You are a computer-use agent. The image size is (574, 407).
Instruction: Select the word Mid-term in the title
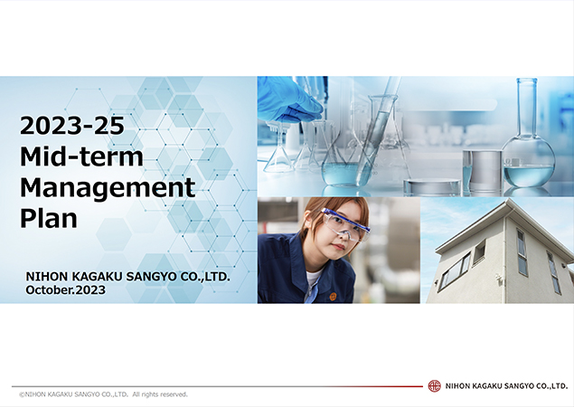[x=82, y=157]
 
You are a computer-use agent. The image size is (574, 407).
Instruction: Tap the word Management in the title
[x=108, y=188]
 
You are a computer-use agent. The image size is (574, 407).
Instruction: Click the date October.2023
[x=66, y=289]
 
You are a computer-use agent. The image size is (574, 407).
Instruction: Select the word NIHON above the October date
[x=48, y=276]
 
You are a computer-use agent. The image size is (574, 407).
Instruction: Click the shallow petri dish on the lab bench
[x=431, y=186]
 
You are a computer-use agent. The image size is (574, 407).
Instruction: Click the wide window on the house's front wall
[x=453, y=270]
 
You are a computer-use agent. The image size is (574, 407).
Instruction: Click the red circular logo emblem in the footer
[x=434, y=386]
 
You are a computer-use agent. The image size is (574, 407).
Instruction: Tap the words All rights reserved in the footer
[x=160, y=394]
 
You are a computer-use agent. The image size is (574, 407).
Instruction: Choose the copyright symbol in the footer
[x=22, y=394]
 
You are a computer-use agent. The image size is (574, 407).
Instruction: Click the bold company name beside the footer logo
[x=506, y=386]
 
